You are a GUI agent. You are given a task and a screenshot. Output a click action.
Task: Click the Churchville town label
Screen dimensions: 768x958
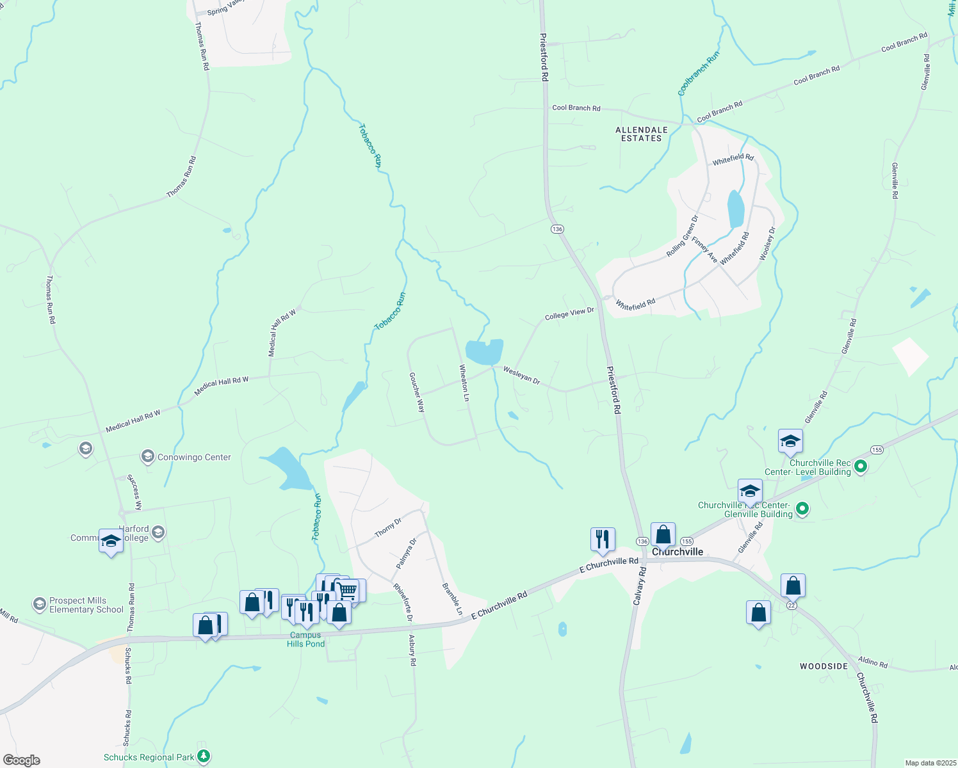coord(678,552)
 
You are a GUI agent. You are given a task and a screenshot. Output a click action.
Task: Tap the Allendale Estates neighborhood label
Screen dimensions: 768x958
coord(642,134)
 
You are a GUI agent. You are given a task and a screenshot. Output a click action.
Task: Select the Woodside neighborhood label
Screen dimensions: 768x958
coord(824,666)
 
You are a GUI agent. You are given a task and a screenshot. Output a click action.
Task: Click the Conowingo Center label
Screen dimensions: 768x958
coord(194,458)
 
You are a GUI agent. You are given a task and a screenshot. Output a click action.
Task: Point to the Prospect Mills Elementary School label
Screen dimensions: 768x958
coord(86,605)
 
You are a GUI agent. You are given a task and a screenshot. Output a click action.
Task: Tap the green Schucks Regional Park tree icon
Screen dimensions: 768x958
coord(204,757)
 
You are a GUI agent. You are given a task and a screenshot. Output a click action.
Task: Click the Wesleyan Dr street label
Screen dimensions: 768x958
coord(521,375)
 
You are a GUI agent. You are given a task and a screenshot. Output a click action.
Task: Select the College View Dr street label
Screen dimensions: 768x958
coord(569,314)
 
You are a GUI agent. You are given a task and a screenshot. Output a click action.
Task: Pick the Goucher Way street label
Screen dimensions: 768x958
coord(417,392)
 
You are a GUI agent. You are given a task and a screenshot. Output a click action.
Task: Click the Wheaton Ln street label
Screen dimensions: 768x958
coord(464,383)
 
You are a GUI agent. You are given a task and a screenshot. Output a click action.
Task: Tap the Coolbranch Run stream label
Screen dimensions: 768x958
coord(699,74)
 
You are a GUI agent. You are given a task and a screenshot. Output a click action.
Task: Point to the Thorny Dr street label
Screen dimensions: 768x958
coord(388,528)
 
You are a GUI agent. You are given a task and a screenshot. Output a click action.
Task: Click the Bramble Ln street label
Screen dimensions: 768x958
coord(452,599)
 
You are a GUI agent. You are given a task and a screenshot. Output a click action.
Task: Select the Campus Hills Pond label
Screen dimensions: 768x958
coord(305,639)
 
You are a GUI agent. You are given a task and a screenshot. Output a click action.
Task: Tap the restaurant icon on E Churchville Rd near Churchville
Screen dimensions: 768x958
coord(603,540)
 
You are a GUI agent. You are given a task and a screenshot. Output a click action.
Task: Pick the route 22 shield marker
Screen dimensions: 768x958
coord(792,605)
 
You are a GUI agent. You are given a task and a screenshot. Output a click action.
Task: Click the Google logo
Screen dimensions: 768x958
coord(22,760)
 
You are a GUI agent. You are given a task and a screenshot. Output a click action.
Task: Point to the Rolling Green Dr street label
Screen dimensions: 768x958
coord(682,236)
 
